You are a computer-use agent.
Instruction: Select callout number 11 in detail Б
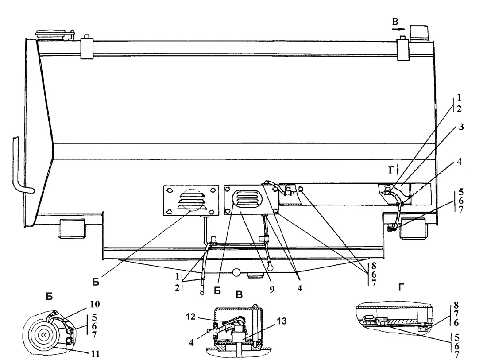coord(95,354)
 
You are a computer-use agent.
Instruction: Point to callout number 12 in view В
coord(191,317)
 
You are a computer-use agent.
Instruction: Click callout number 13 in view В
coord(282,321)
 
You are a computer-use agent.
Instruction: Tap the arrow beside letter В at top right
coord(398,29)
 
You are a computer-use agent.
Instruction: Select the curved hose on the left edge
coord(20,168)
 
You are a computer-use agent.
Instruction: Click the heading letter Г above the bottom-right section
coord(401,288)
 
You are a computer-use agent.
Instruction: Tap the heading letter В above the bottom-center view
coord(239,294)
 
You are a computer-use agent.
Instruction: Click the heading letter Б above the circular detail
coord(50,297)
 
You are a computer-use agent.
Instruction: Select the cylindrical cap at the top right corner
coord(420,33)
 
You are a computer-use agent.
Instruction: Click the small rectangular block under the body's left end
coord(72,228)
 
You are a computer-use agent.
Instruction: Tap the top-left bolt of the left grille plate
coord(170,190)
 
